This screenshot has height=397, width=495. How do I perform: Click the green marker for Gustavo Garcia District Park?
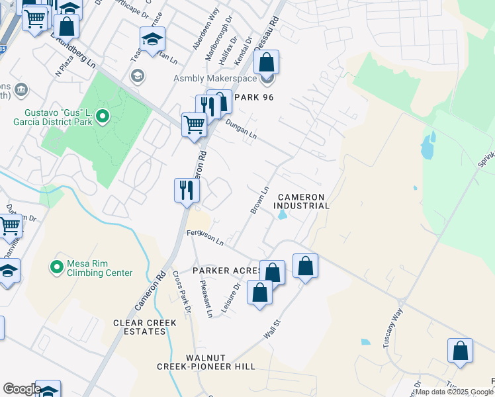pos(102,118)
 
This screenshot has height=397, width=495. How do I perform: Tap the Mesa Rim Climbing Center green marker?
pos(58,267)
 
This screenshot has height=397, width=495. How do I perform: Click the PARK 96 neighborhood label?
pos(249,97)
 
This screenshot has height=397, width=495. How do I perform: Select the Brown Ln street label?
pos(259,200)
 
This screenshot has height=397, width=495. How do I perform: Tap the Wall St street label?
pos(272,329)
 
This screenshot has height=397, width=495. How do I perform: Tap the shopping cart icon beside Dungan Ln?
pos(194,124)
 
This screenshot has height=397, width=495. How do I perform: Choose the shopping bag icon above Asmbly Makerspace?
pos(266,62)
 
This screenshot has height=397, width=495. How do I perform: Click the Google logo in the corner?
pos(21,389)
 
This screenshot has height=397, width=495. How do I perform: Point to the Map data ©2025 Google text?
pos(453,392)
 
